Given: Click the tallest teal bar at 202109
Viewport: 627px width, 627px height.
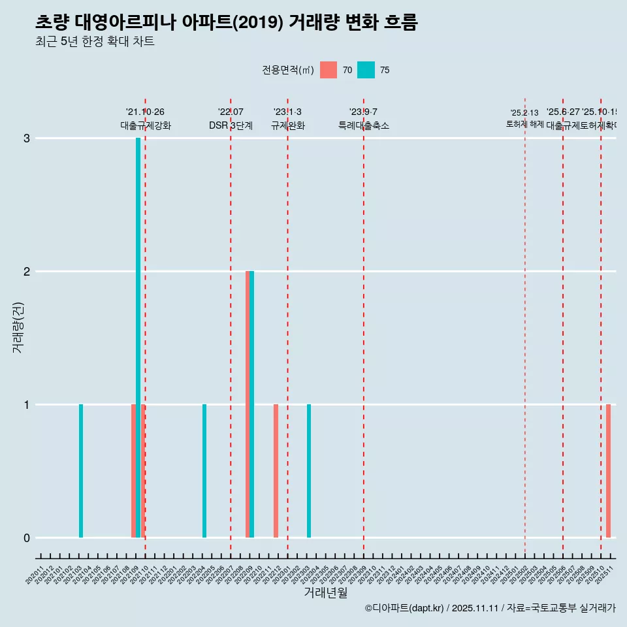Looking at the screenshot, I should pos(138,338).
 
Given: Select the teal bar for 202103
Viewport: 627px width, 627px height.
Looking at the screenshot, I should pos(81,471).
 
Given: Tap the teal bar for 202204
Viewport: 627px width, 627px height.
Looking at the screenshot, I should pos(204,471).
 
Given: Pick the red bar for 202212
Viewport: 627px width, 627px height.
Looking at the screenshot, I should pos(276,471).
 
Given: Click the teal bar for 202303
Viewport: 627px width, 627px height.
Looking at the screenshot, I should pos(309,471).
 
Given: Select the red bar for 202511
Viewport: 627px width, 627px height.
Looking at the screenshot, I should pos(608,471).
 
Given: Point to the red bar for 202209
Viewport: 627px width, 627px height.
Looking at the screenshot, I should pos(248,404).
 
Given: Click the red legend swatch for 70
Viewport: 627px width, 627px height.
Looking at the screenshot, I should pos(329,70).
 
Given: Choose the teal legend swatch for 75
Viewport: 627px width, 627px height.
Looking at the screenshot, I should pos(366,70).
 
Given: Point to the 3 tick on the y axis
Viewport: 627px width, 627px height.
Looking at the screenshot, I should pos(27,138).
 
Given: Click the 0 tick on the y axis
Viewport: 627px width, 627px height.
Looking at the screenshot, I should pos(27,538).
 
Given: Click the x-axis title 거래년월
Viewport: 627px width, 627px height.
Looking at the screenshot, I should pos(326,593).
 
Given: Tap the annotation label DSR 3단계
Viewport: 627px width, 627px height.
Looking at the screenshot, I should pos(231,125).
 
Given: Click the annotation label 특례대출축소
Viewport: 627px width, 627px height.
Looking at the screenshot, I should pos(364,125).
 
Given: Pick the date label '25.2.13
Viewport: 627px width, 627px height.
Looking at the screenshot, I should pos(524,113).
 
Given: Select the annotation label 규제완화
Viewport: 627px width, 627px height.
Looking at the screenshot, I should pos(288,125).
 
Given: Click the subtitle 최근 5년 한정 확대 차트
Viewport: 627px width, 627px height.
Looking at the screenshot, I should pos(95,42).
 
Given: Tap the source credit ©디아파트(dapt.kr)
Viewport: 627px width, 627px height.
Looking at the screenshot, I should pos(404,608).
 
